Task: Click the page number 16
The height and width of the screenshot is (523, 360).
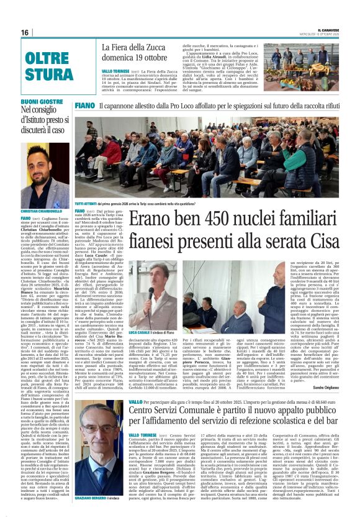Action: click(x=25, y=32)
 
